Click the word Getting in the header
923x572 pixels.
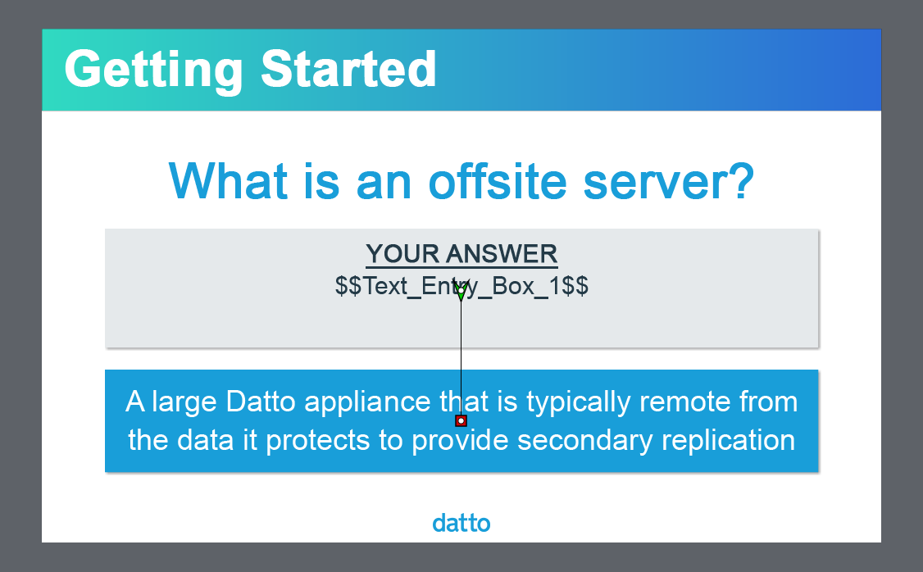153,70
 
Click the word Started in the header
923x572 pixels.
348,69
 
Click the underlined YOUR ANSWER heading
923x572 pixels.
461,254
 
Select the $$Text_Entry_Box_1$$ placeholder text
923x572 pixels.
461,287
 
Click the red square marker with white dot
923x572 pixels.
461,420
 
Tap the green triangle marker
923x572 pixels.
461,291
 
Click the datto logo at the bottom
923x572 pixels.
461,523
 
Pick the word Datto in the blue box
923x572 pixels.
261,402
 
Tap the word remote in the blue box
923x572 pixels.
685,402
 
